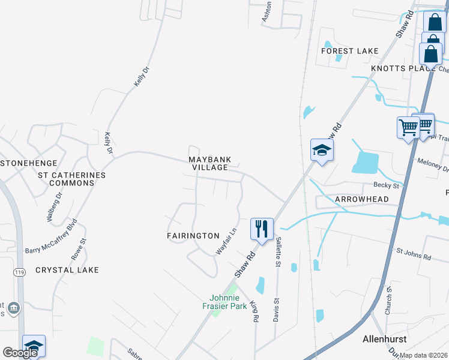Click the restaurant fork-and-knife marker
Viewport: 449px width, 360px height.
click(262, 229)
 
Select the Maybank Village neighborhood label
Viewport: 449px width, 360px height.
click(209, 164)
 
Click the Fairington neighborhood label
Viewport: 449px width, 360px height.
click(193, 236)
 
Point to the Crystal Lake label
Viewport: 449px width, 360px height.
click(67, 270)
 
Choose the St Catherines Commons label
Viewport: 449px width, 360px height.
click(71, 179)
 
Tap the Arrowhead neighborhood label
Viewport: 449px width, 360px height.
click(361, 199)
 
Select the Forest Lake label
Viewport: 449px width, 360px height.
click(349, 51)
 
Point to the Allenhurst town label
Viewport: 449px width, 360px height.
click(384, 339)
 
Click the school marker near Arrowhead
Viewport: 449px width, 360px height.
click(321, 150)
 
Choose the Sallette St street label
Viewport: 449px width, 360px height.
click(279, 251)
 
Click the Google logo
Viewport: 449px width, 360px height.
click(20, 353)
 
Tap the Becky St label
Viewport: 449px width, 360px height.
click(386, 186)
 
